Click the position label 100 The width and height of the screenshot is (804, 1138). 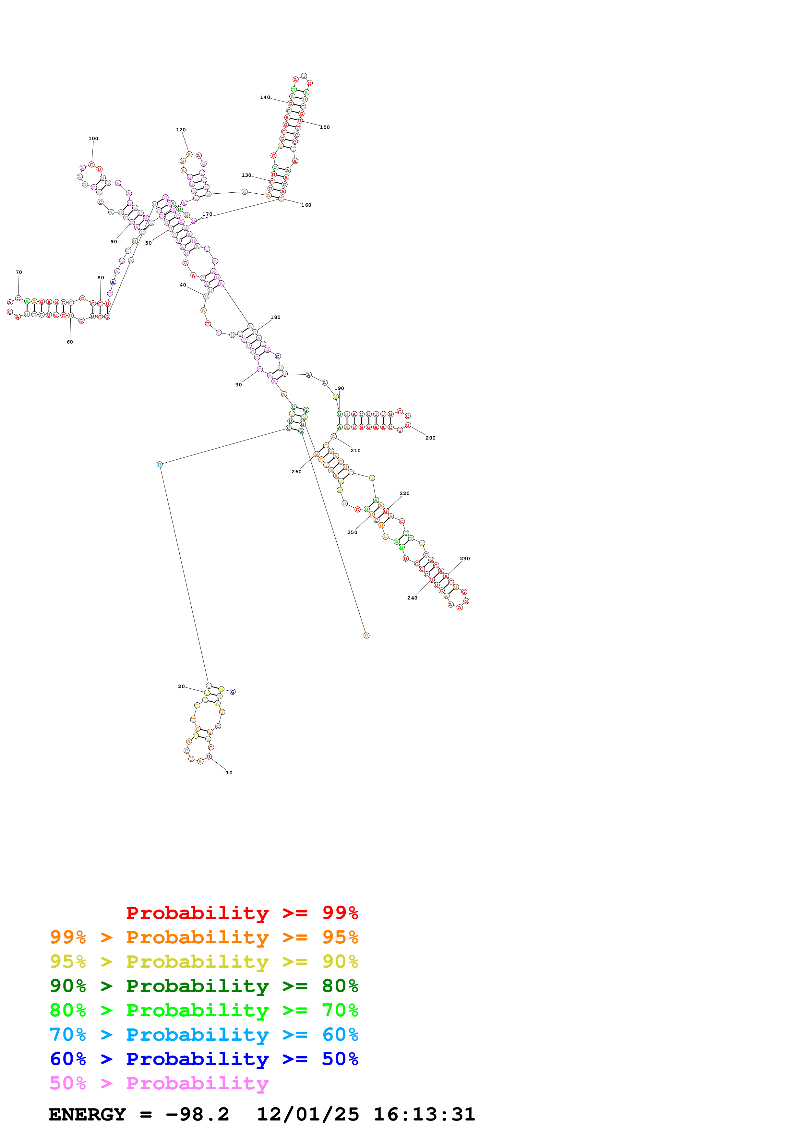93,139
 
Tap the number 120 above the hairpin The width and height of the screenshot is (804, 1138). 181,130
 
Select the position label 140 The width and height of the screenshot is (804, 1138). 265,98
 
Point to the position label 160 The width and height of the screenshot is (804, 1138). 306,205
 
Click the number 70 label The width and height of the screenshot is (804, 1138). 19,272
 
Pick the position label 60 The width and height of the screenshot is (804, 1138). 70,342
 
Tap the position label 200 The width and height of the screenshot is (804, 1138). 430,438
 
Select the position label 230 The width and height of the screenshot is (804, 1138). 465,559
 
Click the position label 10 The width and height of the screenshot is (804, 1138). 229,773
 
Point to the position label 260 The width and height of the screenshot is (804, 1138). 296,472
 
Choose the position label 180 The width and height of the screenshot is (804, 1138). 275,317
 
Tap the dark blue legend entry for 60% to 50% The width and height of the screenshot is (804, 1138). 204,1059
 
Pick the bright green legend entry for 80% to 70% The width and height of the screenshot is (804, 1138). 204,1010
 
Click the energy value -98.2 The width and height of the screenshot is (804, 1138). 197,1114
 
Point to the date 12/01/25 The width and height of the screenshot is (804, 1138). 308,1114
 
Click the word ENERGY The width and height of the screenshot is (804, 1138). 87,1114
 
